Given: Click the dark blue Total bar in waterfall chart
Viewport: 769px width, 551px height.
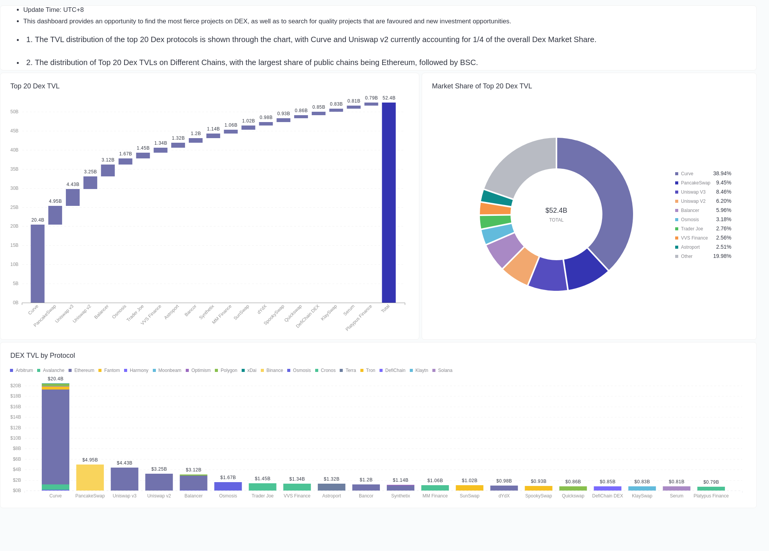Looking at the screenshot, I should tap(389, 203).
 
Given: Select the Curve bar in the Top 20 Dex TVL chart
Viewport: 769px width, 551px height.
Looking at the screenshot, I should tap(38, 264).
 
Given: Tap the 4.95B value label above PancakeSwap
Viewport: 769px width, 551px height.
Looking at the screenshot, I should tap(55, 201).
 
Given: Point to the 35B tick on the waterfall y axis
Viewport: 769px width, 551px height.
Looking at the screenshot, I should tap(15, 169).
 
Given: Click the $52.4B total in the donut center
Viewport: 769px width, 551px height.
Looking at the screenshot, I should tap(556, 210).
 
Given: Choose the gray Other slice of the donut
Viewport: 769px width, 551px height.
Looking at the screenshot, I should tap(517, 165).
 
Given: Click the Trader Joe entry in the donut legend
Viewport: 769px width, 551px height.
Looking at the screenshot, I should tap(692, 229).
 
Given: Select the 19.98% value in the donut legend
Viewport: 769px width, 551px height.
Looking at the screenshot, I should tap(722, 256).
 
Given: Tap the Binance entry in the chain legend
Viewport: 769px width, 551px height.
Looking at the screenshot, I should tap(274, 370).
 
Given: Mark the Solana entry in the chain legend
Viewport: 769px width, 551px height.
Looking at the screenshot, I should tap(445, 370).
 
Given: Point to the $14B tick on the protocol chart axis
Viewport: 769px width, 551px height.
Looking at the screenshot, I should tap(16, 417).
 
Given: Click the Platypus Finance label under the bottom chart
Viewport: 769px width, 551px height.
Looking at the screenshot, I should tap(711, 496).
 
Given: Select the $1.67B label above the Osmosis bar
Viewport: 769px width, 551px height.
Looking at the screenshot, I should tap(228, 478).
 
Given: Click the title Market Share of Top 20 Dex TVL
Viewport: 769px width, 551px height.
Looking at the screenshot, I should tap(482, 86).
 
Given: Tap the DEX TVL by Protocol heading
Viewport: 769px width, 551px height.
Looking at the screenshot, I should tap(43, 355).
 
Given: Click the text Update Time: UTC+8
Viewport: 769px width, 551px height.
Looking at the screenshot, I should tap(53, 10).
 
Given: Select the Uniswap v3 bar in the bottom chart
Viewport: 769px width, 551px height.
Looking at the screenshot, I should tap(124, 479).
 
